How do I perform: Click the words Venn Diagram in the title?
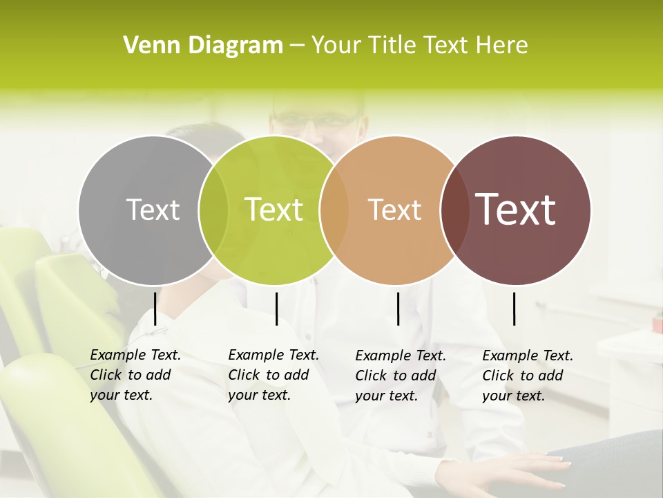203,46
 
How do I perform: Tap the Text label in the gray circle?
153,210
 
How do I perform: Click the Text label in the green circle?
273,210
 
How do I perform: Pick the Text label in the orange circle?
394,210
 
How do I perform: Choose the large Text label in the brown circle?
516,210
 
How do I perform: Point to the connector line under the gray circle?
155,308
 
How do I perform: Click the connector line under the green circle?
276,308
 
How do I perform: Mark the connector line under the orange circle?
398,308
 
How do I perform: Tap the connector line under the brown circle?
515,308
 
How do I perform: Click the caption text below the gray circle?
135,375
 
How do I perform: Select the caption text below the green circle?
273,375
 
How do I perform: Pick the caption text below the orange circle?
400,376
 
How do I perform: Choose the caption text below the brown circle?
527,376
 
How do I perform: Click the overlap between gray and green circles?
213,210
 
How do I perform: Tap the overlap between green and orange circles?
334,210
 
